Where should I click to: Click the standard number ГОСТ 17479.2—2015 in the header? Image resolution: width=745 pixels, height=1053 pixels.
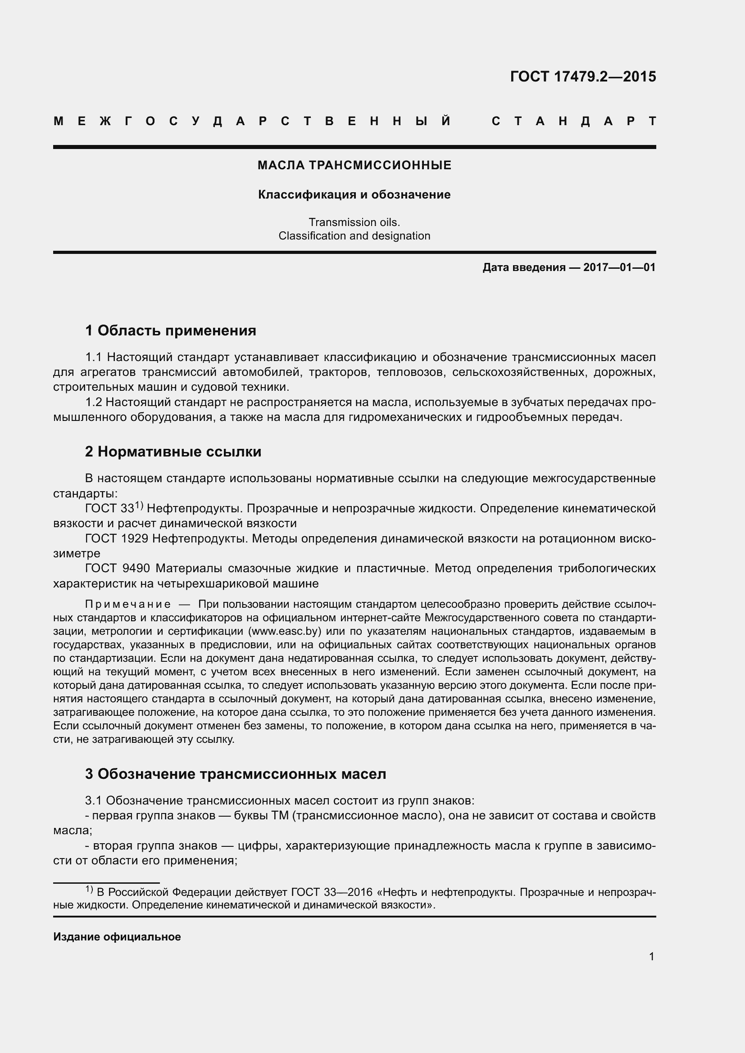click(x=582, y=77)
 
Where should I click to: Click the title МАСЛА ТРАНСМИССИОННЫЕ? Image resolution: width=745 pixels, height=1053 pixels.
click(x=354, y=165)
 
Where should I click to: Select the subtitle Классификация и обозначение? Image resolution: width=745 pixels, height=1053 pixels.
click(x=354, y=194)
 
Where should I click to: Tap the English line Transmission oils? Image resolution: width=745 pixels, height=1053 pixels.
click(x=354, y=222)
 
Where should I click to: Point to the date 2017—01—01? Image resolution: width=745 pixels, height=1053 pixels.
click(x=619, y=267)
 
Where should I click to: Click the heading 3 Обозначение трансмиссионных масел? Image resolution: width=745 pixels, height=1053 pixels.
click(x=235, y=774)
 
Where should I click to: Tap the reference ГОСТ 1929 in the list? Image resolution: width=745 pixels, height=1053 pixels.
click(x=117, y=539)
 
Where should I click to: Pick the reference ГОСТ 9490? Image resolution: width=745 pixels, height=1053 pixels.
click(x=118, y=569)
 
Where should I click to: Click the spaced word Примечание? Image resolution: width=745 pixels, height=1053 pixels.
click(x=128, y=605)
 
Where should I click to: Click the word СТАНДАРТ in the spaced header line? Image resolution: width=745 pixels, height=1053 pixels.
click(x=574, y=122)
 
